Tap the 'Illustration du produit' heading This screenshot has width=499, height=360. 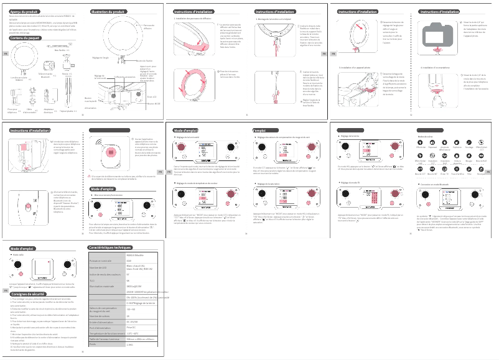(x=109, y=12)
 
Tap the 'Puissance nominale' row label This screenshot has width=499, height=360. (x=100, y=261)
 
